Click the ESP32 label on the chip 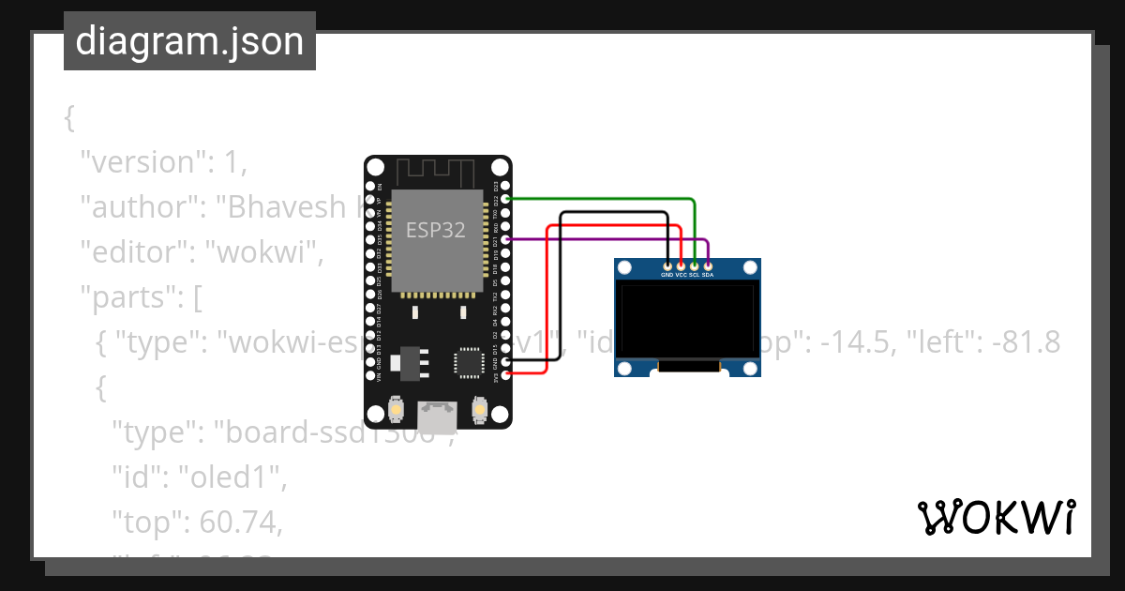[x=435, y=230]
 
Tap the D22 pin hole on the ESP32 [x=506, y=199]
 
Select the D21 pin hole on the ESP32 [x=506, y=240]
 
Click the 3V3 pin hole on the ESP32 [x=506, y=374]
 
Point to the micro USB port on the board [x=438, y=412]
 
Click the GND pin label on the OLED [x=667, y=276]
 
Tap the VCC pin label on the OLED [x=681, y=276]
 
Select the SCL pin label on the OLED [x=694, y=276]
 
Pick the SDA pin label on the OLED [x=708, y=276]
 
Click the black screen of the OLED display [x=687, y=320]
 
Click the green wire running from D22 [x=609, y=199]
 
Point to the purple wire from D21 [x=609, y=240]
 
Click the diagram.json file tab [x=189, y=41]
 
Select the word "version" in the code [x=141, y=162]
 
